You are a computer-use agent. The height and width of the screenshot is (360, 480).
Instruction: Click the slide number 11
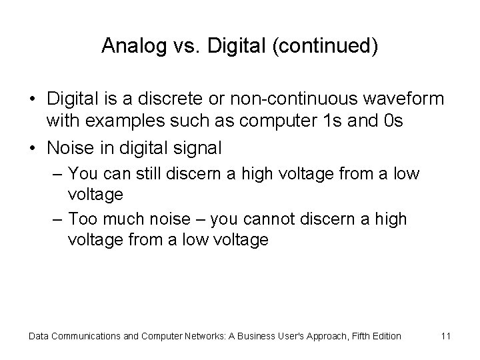(446, 336)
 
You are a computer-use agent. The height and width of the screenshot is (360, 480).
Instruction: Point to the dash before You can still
(56, 175)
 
